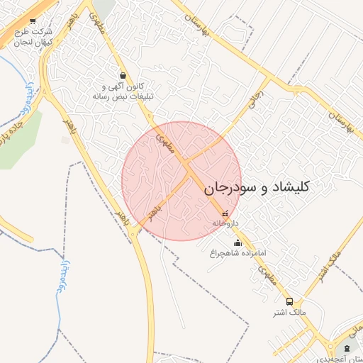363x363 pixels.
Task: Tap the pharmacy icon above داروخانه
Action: [x=225, y=213]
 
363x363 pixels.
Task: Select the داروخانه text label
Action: [x=225, y=223]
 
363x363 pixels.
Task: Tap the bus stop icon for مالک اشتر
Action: [x=289, y=301]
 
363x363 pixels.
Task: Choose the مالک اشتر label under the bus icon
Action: [x=289, y=312]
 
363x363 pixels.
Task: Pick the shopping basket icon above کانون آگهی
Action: [x=124, y=75]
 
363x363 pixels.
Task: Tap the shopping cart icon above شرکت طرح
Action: [x=33, y=22]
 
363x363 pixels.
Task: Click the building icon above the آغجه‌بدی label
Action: [x=346, y=347]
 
